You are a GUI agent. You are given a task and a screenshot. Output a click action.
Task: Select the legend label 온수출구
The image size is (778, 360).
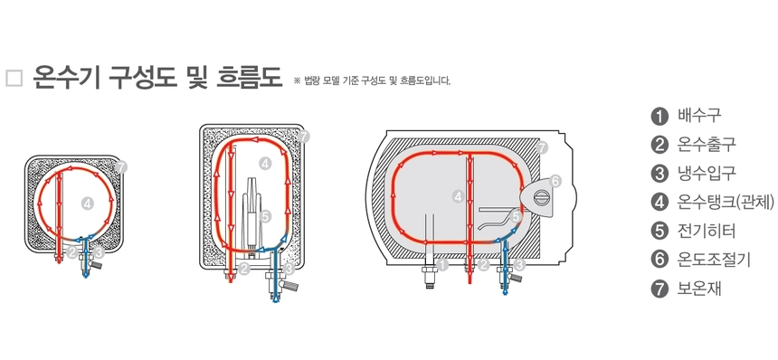click(x=707, y=144)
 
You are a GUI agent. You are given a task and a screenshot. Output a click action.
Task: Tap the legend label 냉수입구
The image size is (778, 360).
click(x=707, y=173)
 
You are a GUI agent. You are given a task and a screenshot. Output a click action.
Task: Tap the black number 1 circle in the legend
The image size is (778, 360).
click(x=659, y=115)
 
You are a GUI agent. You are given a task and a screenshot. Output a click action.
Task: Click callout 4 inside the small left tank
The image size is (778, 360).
click(x=87, y=204)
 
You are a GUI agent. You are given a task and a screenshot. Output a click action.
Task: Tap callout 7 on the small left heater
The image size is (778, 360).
click(x=122, y=167)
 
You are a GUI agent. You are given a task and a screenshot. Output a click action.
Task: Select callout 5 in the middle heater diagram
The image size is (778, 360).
click(x=265, y=216)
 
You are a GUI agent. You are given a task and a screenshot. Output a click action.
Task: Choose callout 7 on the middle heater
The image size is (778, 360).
click(x=304, y=137)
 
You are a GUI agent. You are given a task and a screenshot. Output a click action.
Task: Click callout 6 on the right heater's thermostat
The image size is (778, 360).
click(x=555, y=181)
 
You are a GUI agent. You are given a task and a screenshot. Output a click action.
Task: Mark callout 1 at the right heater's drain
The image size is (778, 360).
click(x=442, y=265)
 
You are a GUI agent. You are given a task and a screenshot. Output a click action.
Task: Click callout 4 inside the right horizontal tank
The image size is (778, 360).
click(x=459, y=195)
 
